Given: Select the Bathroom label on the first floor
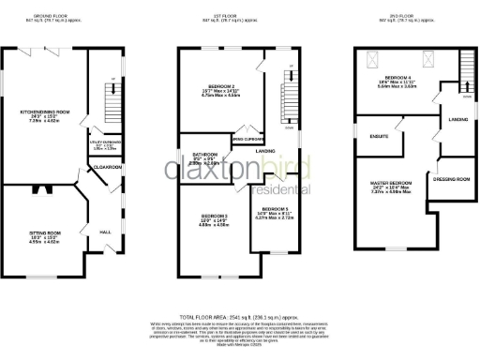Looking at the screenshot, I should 204,155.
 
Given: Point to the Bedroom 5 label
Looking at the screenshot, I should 274,209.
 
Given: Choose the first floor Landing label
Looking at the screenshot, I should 265,150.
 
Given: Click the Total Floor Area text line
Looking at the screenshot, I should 239,319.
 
